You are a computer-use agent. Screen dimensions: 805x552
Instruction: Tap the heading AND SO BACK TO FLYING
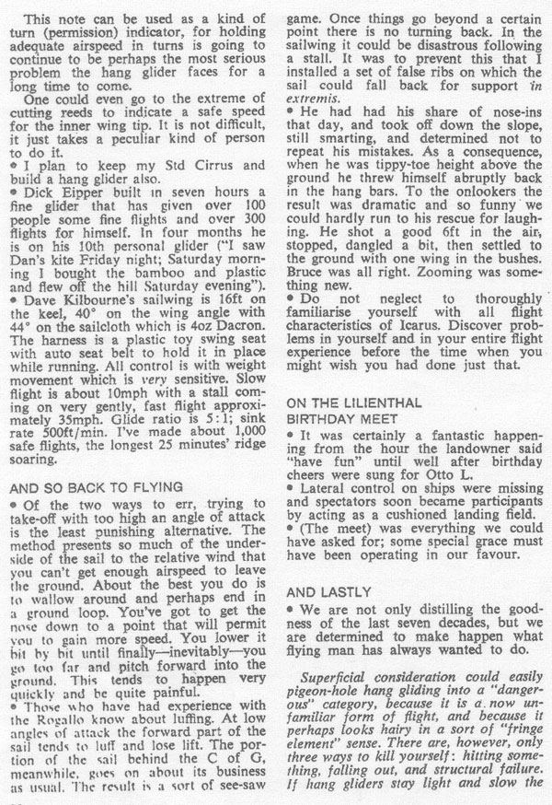coord(108,489)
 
